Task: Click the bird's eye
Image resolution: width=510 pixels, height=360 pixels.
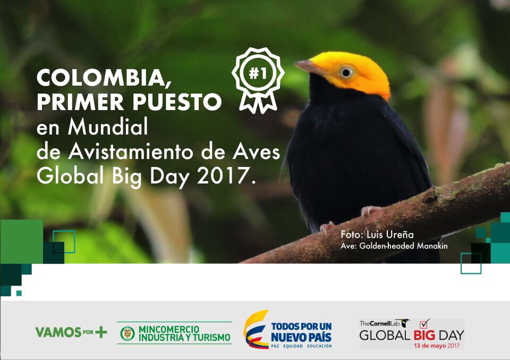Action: click(346, 72)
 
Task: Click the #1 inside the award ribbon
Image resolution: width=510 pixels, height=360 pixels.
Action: click(258, 73)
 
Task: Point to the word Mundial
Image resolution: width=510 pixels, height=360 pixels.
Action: click(108, 127)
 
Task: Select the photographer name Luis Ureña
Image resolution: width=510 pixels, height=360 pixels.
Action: click(390, 235)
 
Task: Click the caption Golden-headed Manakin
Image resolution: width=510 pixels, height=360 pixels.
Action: click(403, 246)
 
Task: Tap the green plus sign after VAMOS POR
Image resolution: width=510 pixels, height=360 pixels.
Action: click(101, 332)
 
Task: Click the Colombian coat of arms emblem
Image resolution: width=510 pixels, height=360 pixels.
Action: click(127, 333)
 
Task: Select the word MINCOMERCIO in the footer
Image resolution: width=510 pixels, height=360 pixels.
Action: click(169, 329)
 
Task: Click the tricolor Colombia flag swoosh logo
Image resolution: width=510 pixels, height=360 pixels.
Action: click(256, 329)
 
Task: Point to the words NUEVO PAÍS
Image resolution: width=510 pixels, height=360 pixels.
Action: click(301, 337)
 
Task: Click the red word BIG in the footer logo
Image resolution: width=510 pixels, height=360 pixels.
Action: click(424, 335)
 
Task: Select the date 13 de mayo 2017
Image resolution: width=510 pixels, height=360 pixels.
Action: click(437, 346)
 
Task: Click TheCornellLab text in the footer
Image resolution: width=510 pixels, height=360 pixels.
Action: click(379, 323)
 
